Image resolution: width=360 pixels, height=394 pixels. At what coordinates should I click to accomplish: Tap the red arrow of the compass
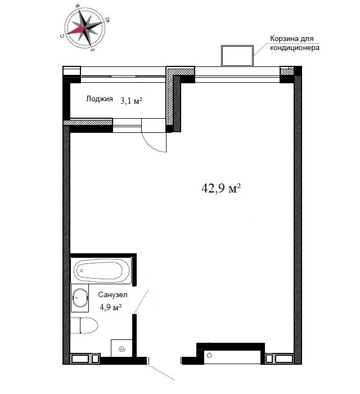tap(76, 30)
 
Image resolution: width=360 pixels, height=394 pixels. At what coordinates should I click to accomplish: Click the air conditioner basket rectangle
tap(237, 56)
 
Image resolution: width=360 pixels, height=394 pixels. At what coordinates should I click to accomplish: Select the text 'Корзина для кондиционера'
tap(295, 43)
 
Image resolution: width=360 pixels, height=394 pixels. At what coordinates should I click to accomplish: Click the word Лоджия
tap(99, 98)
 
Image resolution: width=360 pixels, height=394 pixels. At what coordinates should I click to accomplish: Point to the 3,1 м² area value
tap(131, 101)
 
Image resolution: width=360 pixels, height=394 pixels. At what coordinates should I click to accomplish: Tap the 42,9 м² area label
tap(221, 188)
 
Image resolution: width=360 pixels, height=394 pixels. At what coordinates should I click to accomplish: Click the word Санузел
tap(112, 294)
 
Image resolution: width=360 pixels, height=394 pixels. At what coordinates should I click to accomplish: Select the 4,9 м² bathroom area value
tap(111, 307)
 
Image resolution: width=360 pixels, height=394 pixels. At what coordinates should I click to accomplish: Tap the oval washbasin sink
tap(80, 298)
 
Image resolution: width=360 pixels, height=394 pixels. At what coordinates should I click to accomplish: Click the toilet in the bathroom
tap(84, 325)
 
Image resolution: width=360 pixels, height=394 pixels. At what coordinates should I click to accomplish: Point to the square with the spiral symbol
tap(121, 348)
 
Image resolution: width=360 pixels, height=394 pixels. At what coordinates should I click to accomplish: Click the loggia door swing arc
tap(151, 147)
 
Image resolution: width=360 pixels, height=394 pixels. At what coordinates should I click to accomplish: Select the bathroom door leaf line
tap(141, 301)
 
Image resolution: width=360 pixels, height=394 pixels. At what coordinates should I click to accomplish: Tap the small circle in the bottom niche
tap(209, 355)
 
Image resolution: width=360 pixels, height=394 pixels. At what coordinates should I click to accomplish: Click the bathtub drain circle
tap(82, 271)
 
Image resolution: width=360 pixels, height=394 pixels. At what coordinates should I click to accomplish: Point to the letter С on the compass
tap(62, 36)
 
